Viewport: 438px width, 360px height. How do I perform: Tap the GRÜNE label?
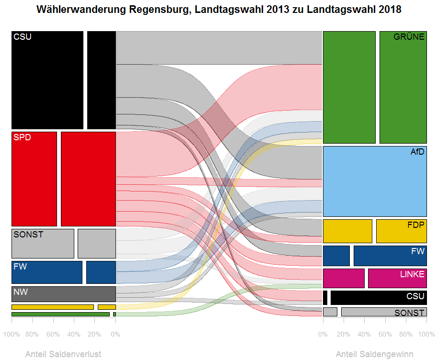(409, 37)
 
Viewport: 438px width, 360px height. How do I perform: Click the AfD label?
(417, 152)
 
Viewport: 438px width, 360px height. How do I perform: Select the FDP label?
(415, 225)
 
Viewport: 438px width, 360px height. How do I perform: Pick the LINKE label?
(412, 274)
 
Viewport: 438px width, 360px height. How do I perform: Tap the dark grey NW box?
(64, 294)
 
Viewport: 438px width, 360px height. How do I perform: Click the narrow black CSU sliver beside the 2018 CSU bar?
(325, 298)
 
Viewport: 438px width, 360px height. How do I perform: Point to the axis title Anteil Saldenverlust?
(63, 354)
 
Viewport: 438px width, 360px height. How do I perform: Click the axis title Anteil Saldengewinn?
(374, 354)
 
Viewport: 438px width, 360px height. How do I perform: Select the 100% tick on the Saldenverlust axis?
(12, 334)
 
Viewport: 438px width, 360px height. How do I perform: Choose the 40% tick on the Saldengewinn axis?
(365, 334)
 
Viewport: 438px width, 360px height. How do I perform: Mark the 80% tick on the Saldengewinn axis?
(406, 334)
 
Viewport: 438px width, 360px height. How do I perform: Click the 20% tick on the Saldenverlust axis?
(94, 334)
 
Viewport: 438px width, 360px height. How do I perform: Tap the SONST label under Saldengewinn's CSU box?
(409, 313)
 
